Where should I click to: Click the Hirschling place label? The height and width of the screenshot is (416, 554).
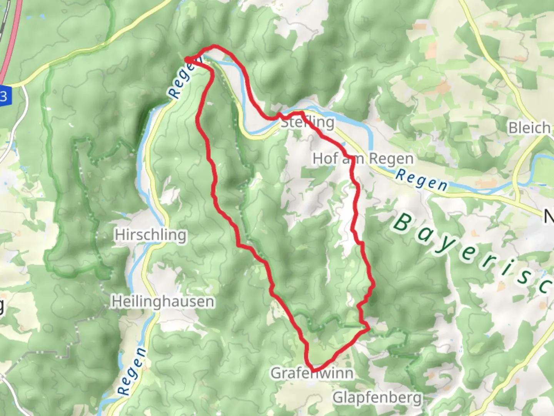coord(150,235)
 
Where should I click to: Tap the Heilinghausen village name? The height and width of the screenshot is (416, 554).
coord(163,301)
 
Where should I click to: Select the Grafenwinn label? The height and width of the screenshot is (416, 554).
coord(312,373)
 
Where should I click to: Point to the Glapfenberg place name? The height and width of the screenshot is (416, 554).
coord(377,397)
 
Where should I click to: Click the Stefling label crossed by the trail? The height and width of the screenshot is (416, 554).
coord(307,122)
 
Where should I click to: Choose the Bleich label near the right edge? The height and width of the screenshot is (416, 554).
coord(529,128)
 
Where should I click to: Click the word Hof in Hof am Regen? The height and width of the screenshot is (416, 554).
coord(325,158)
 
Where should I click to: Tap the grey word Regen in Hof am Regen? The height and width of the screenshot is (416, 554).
coord(391,158)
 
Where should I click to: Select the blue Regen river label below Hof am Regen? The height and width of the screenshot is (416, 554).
coord(422,180)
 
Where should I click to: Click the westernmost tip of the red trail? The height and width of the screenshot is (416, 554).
coord(187,59)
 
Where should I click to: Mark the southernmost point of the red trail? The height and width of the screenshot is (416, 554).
coord(314,371)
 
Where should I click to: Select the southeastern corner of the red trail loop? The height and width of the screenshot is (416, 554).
coord(369,329)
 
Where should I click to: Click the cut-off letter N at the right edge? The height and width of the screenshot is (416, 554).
coord(549,217)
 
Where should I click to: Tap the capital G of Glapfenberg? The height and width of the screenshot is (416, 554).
coord(338,397)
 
